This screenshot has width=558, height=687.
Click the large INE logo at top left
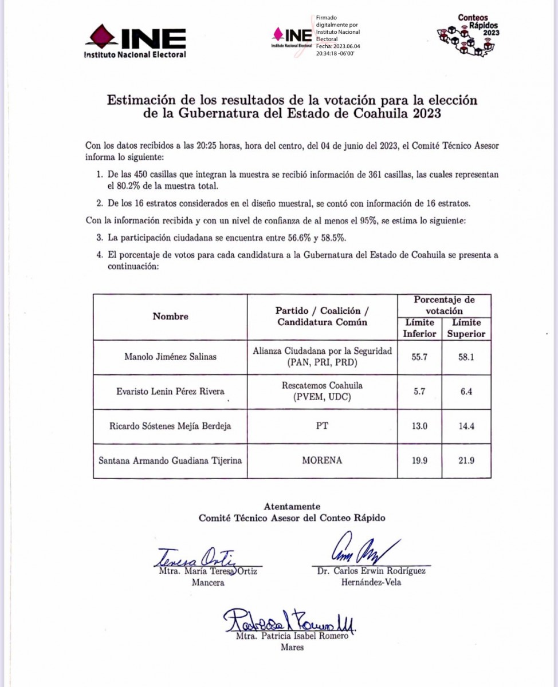click(135, 41)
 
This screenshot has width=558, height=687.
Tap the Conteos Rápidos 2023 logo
click(469, 35)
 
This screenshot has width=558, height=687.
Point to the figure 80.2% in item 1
click(119, 186)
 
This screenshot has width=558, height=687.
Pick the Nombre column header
click(170, 317)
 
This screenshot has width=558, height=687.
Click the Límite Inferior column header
click(419, 329)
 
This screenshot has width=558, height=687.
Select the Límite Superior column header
click(466, 329)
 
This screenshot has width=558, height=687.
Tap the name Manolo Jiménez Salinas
click(170, 357)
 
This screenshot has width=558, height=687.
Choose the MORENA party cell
click(323, 460)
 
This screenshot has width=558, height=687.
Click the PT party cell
click(323, 426)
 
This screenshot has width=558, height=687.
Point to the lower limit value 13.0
click(419, 426)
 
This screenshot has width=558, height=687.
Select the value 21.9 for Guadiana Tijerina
click(466, 460)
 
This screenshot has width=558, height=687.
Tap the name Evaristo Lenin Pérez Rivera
click(170, 392)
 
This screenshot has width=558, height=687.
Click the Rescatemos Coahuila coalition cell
click(323, 392)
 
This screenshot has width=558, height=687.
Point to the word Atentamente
click(292, 507)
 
